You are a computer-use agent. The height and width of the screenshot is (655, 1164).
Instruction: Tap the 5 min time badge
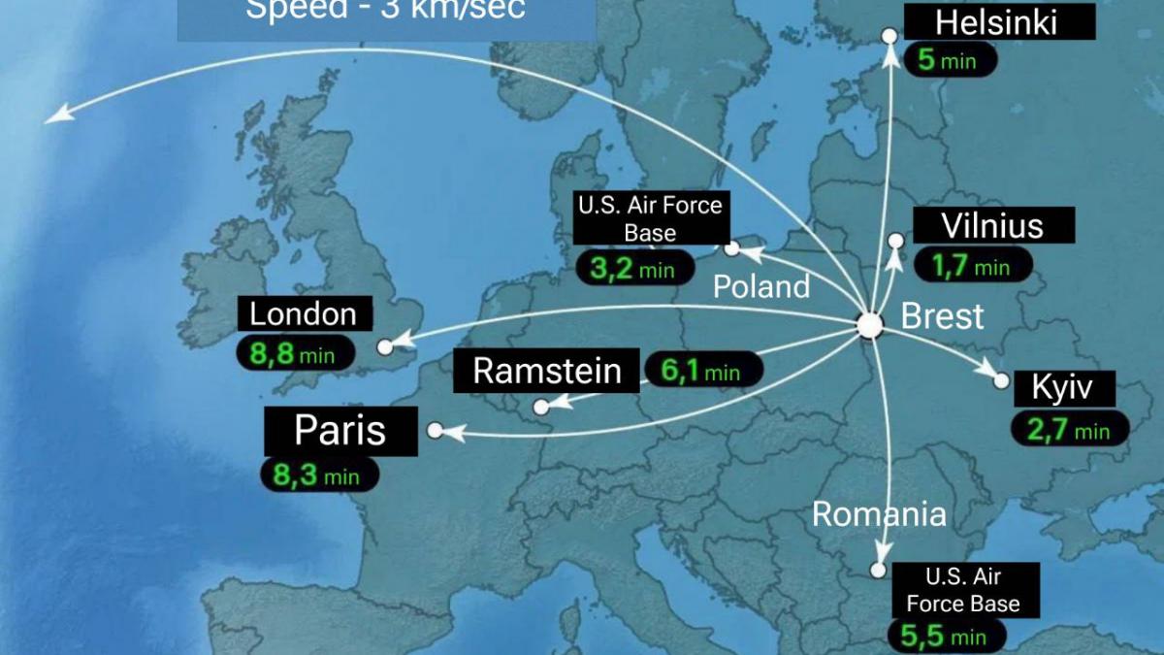tap(949, 60)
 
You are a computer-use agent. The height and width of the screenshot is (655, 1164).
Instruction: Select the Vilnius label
tap(992, 226)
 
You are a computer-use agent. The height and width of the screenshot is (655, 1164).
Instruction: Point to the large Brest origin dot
tap(870, 326)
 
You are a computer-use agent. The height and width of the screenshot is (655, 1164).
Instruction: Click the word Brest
tap(942, 316)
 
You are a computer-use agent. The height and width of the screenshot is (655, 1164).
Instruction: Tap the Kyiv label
tap(1061, 389)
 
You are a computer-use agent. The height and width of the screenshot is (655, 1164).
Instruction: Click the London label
tap(304, 314)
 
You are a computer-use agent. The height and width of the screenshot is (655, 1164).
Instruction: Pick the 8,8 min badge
tap(293, 353)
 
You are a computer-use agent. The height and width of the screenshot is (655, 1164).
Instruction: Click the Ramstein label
tap(547, 371)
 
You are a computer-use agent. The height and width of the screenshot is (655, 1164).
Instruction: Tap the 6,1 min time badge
tap(702, 371)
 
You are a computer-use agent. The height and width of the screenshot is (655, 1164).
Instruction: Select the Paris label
tap(339, 430)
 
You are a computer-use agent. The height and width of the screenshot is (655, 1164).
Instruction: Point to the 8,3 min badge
tap(318, 475)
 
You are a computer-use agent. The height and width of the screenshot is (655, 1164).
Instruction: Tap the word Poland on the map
tap(761, 286)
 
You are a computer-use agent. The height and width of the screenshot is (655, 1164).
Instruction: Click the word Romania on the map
tap(878, 513)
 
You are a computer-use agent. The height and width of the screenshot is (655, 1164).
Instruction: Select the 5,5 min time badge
tap(945, 637)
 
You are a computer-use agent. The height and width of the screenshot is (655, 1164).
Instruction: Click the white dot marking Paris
tap(435, 430)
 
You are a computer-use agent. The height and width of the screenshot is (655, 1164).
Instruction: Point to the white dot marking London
tap(385, 346)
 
